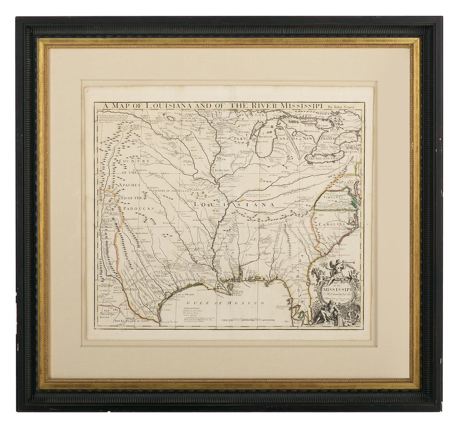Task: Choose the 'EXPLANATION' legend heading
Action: [x=191, y=308]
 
